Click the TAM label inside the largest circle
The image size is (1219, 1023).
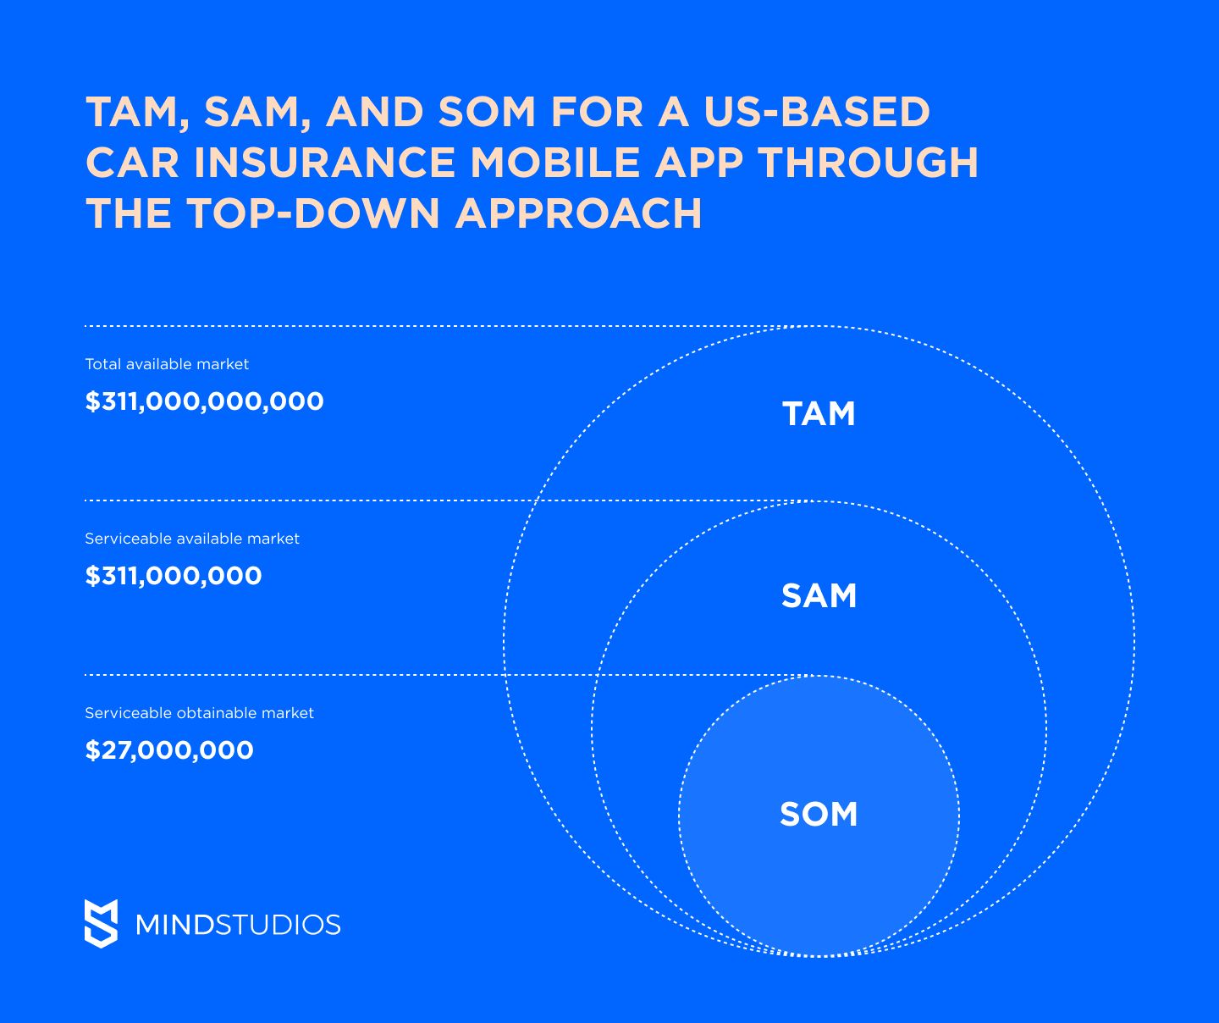coord(819,413)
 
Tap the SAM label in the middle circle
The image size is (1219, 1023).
coord(819,595)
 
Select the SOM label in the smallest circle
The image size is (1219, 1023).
coord(819,814)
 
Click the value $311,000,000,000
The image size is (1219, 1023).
coord(204,401)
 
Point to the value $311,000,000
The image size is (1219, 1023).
coord(174,576)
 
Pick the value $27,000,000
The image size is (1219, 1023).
coord(169,750)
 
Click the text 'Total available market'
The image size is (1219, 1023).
coord(167,364)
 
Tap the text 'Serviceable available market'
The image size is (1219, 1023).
coord(192,538)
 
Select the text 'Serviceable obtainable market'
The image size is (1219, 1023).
coord(199,713)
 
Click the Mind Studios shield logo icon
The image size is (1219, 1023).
coord(101,924)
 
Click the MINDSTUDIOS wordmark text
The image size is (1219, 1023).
coord(238,925)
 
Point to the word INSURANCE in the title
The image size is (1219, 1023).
coord(324,162)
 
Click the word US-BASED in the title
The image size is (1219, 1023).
coord(817,111)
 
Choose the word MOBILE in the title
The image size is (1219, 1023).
coord(555,162)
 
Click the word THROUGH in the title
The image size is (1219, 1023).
coord(869,162)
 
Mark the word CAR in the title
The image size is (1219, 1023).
coord(132,162)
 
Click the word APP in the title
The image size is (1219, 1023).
coord(699,162)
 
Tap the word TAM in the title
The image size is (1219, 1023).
coord(138,111)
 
